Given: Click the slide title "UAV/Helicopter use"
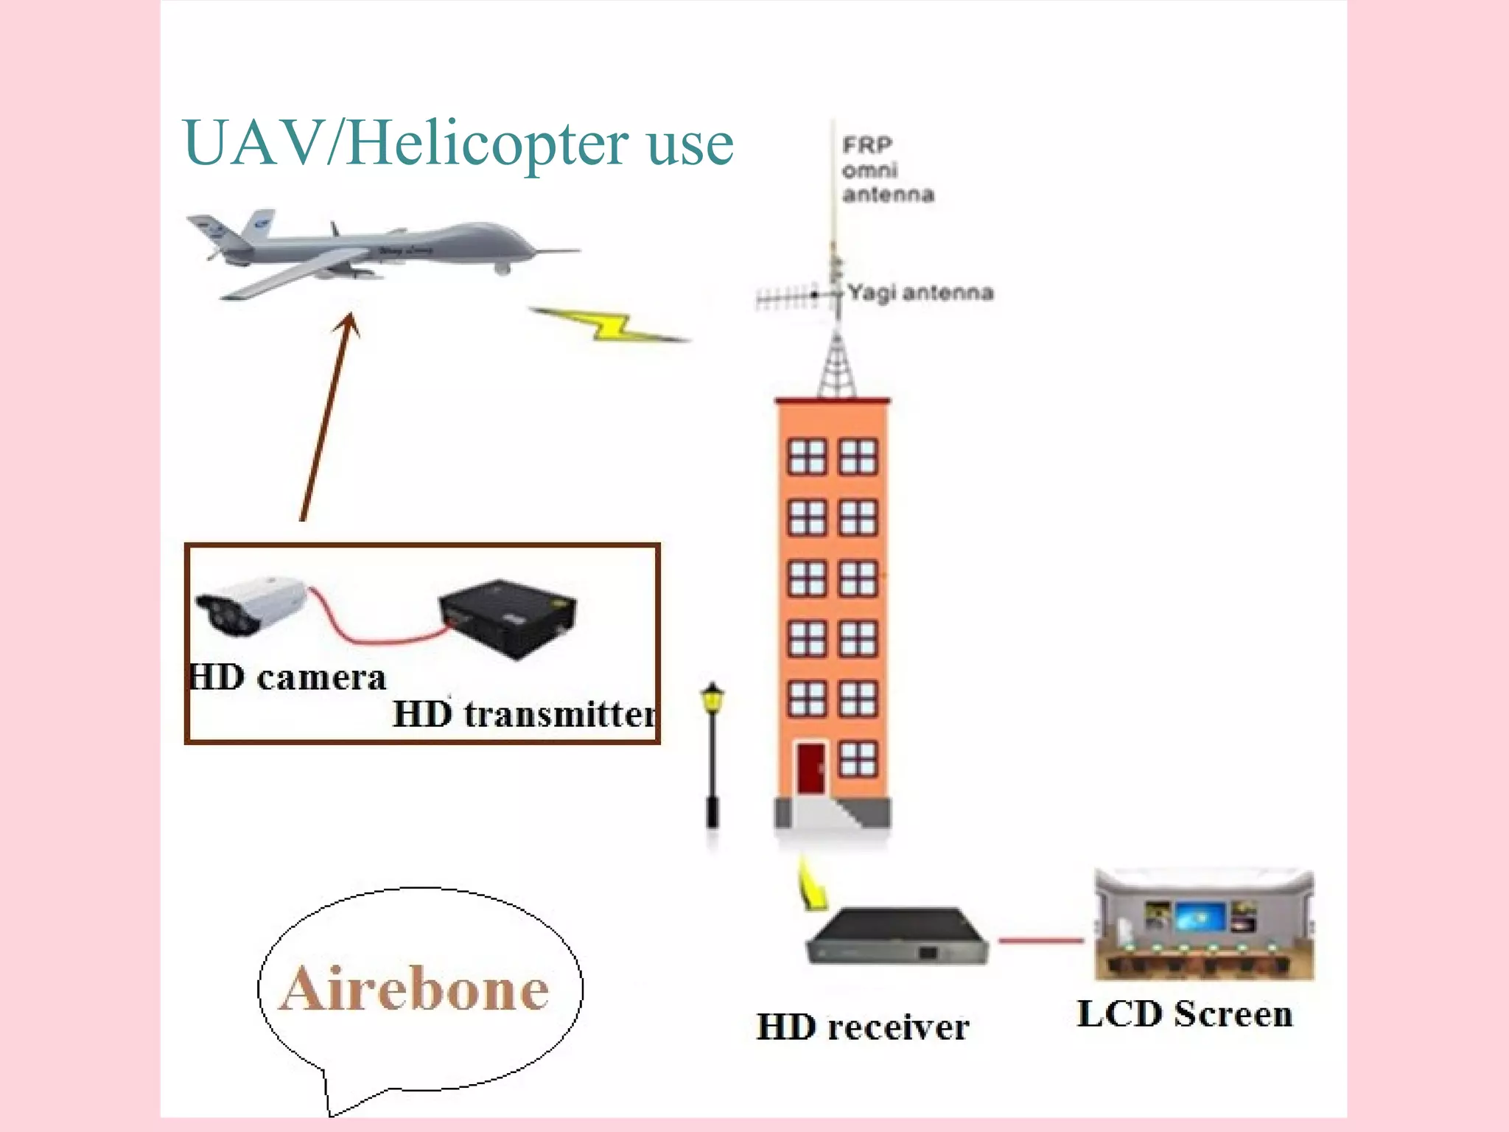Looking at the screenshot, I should [458, 143].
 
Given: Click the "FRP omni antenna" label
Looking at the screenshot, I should [886, 170].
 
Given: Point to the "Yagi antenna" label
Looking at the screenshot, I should [920, 293].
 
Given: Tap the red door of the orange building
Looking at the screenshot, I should [811, 768].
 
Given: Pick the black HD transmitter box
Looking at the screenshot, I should [508, 618].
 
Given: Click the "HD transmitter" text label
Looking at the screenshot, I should [525, 714].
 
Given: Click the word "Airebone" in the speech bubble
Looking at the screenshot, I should [415, 989].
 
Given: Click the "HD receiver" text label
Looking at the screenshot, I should [863, 1027].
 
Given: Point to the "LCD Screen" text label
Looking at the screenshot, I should [1185, 1014].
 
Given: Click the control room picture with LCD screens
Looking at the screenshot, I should [1204, 926].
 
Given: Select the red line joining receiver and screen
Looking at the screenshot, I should [1040, 940].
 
